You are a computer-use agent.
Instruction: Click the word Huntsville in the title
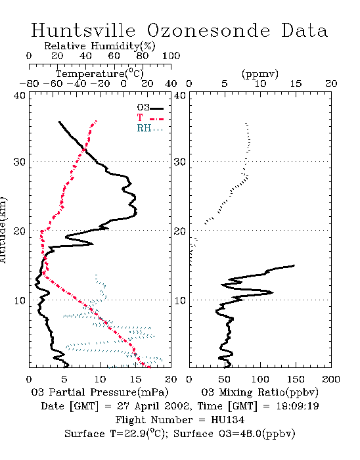83,30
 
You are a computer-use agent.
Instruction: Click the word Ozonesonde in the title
208,30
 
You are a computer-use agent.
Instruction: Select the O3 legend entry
150,108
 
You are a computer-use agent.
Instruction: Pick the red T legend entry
150,118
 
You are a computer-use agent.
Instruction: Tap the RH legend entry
150,128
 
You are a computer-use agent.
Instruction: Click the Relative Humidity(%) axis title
100,46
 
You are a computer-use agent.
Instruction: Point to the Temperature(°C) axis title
100,74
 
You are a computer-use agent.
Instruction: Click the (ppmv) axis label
260,74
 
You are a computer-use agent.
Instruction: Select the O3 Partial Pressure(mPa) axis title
100,392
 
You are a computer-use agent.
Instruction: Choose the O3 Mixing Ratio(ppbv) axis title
259,392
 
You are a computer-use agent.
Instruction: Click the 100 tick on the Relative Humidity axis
171,56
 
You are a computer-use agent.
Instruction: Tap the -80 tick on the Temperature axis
29,83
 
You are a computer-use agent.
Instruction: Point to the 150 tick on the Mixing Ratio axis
296,379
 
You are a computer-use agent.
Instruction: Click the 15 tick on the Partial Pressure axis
135,379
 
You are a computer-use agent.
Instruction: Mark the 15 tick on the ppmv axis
296,83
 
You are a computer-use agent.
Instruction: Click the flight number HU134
227,420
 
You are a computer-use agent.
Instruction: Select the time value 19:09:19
298,406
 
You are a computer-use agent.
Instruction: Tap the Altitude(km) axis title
3,231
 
